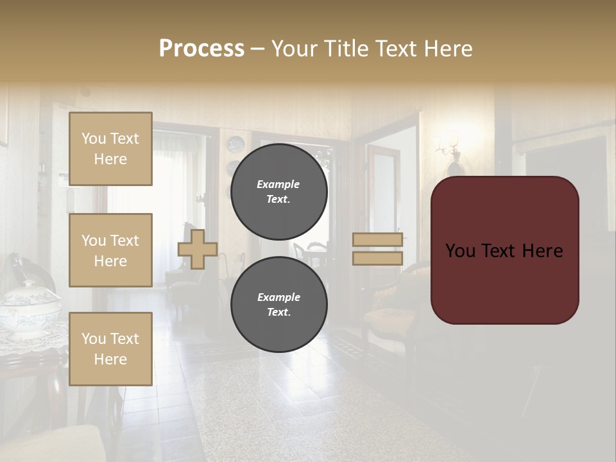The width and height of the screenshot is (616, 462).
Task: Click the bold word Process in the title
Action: point(201,49)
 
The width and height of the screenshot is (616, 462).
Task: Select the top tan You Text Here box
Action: point(110,149)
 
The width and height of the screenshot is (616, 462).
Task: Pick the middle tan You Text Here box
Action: point(110,250)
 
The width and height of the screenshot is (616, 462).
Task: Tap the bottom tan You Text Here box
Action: point(110,349)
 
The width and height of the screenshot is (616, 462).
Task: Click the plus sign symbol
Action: point(198,249)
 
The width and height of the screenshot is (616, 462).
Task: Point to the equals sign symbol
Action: point(377,249)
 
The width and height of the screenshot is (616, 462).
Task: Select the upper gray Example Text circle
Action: point(279,192)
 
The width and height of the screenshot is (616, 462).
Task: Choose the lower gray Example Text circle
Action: point(279,305)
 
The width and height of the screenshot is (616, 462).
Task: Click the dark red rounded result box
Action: point(504,250)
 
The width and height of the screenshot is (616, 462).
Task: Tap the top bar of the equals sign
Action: point(377,239)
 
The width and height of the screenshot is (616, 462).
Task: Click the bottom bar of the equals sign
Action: point(377,258)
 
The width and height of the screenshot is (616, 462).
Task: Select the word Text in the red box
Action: point(504,251)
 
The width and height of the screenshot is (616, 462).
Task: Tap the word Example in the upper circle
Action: point(278,184)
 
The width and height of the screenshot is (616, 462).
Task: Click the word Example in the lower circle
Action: point(278,297)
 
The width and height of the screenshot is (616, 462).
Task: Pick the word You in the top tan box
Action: point(93,139)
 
